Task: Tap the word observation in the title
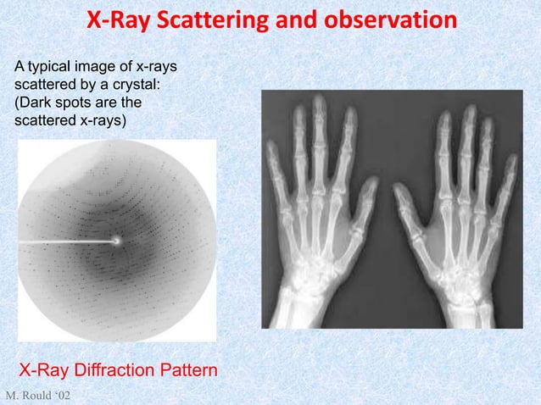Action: point(377,19)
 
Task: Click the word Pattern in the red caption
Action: point(187,371)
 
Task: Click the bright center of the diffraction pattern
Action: point(116,241)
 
